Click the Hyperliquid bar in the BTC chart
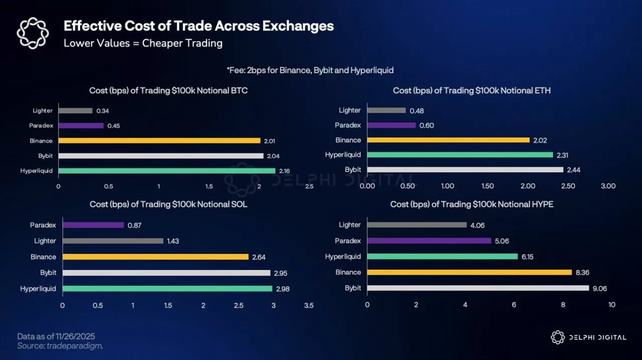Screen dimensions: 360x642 [167, 171]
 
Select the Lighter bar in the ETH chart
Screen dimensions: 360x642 [386, 110]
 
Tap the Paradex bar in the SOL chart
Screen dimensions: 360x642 [93, 225]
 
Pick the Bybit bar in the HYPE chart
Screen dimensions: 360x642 [478, 288]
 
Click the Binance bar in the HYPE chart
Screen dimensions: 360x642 [469, 272]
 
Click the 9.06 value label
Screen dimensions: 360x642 [601, 288]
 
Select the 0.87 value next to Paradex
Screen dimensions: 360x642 [134, 226]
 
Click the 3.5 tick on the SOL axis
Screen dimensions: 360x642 [308, 305]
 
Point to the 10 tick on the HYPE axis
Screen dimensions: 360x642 [611, 305]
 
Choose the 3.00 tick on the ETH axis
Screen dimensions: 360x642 [608, 186]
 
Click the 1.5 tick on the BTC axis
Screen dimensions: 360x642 [209, 187]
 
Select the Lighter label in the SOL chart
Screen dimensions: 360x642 [45, 241]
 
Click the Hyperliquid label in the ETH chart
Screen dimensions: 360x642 [343, 155]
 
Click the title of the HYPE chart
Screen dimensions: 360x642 [471, 205]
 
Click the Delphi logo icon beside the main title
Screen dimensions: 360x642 [33, 33]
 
